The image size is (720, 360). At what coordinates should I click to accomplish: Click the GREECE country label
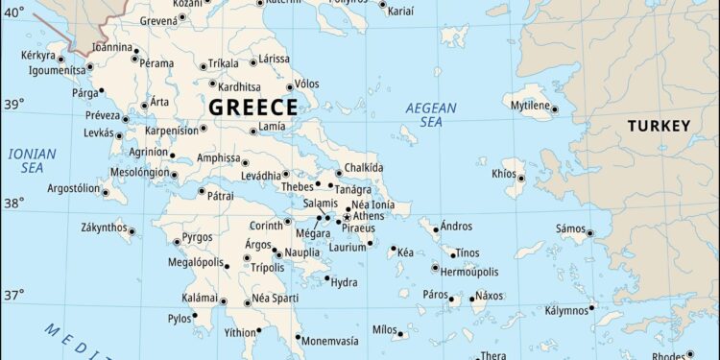(x=252, y=107)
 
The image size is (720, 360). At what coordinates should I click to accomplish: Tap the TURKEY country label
(x=659, y=126)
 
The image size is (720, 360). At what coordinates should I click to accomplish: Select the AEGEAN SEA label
(x=431, y=115)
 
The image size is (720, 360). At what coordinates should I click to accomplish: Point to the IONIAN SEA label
(x=32, y=160)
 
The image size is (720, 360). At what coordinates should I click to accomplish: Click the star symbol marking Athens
(x=347, y=217)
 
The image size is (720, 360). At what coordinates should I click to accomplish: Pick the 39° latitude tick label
(x=12, y=104)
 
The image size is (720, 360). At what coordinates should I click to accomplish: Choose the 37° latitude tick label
(x=12, y=295)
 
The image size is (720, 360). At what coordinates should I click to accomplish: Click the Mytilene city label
(x=529, y=104)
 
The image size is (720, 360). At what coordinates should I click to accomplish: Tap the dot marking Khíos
(x=521, y=178)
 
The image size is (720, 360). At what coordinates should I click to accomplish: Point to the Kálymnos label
(x=567, y=311)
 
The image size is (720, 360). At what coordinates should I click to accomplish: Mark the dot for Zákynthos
(x=132, y=230)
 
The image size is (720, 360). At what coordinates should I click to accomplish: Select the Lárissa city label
(x=274, y=59)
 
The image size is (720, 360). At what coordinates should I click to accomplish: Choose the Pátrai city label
(x=220, y=195)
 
